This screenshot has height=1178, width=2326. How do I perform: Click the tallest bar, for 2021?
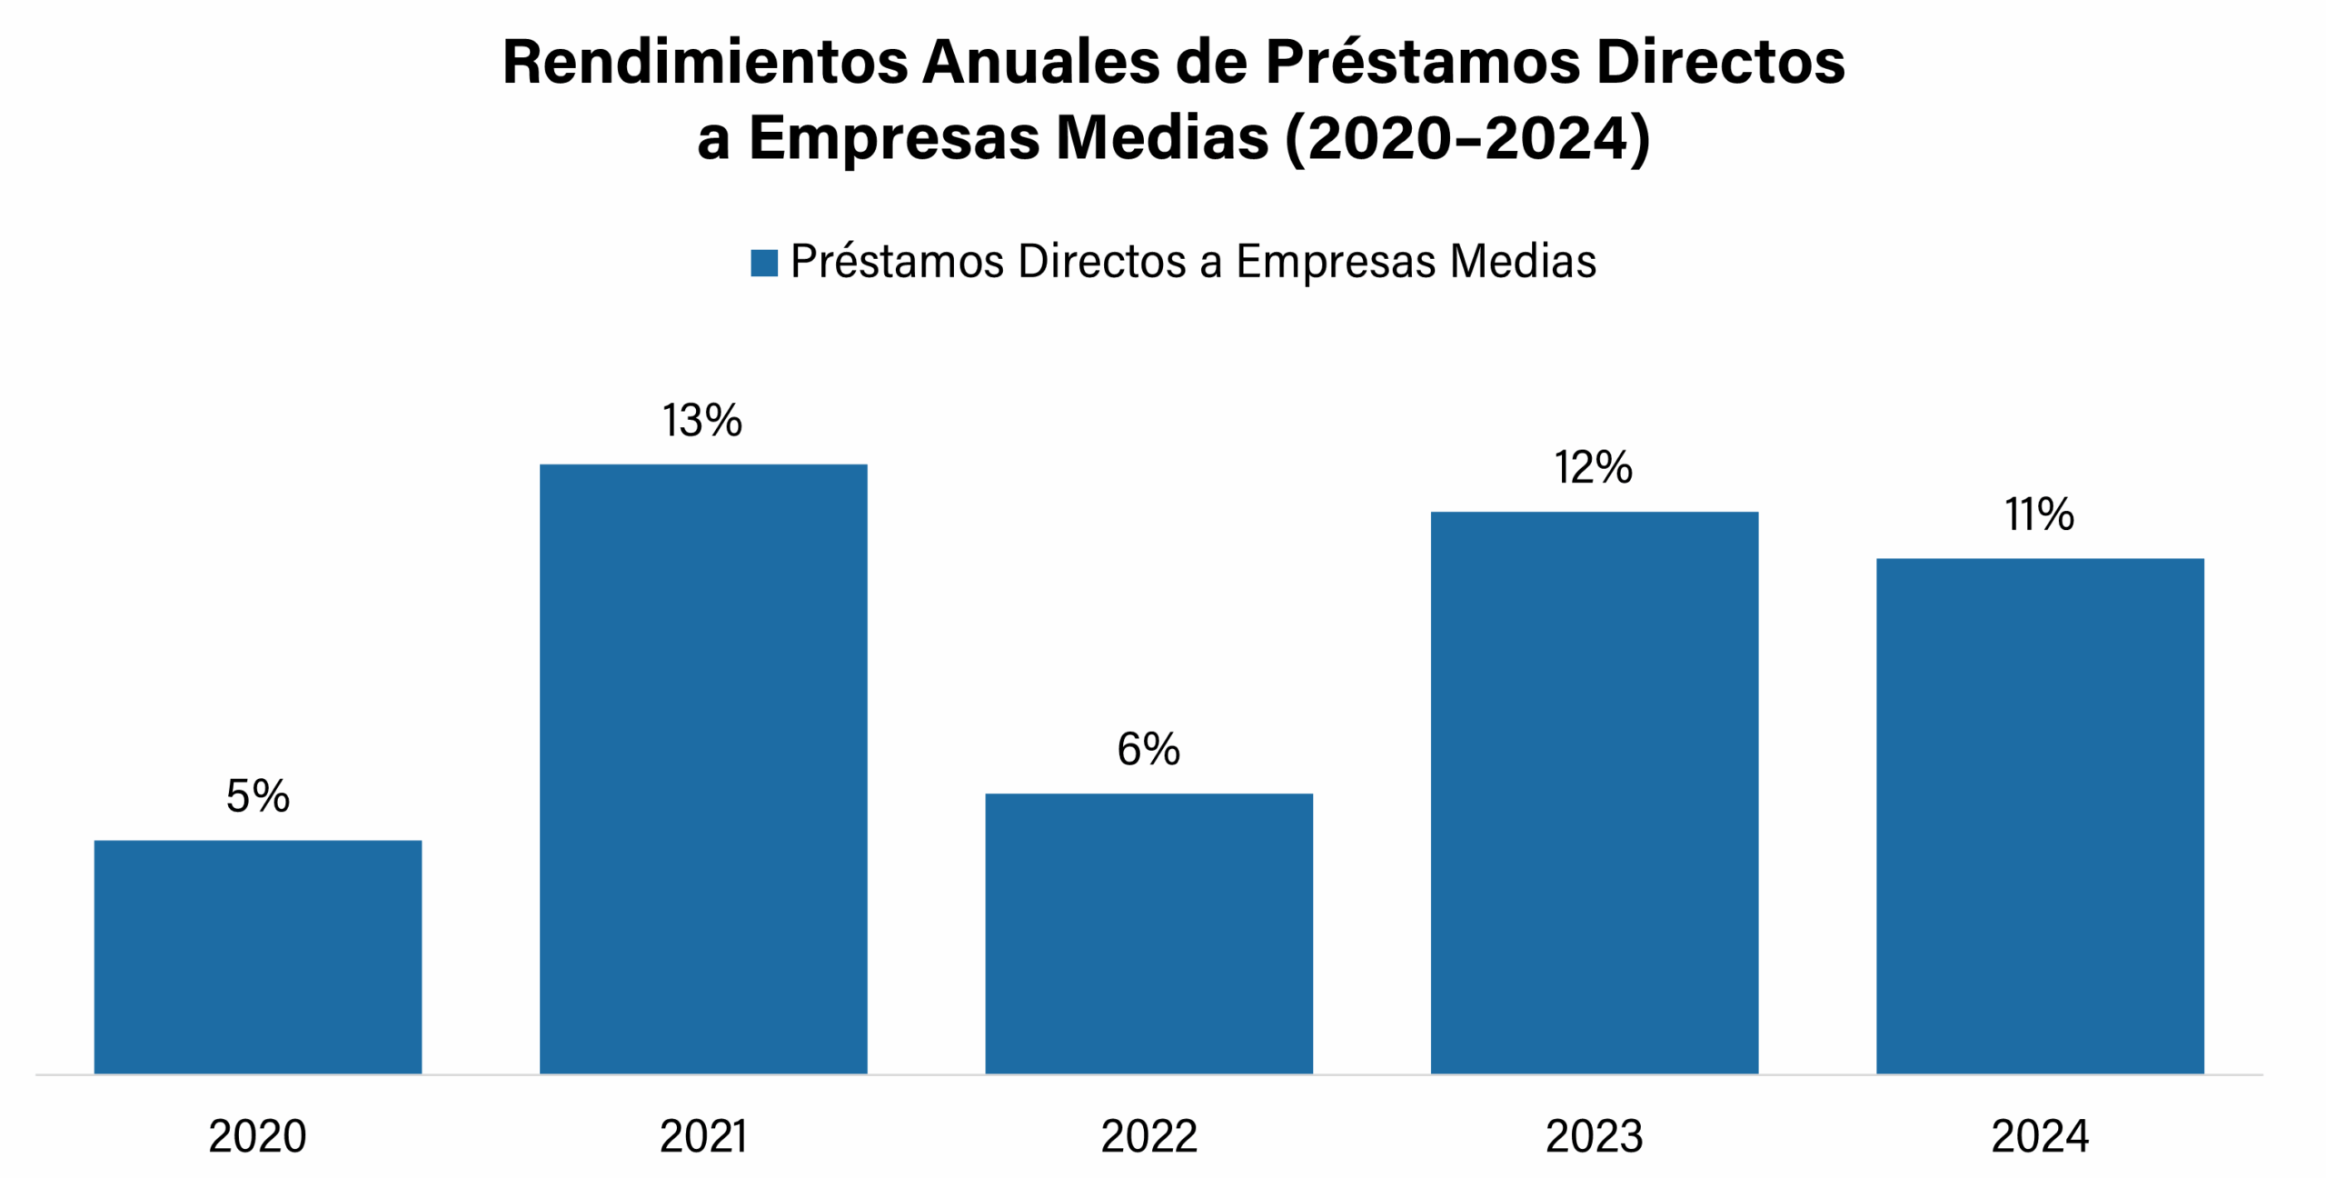703,769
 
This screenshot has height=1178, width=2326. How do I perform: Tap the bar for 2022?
1148,933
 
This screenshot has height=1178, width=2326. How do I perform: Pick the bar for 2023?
1594,793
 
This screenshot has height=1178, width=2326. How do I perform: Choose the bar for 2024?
2040,815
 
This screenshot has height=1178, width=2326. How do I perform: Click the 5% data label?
258,796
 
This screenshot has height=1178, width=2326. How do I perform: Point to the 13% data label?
702,421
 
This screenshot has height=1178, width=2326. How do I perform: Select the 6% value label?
1148,749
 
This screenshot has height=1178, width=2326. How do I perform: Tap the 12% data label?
1593,468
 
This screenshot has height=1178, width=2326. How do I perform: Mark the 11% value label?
2040,514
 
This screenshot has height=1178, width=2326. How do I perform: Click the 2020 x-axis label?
258,1136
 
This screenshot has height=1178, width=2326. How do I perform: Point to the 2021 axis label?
703,1136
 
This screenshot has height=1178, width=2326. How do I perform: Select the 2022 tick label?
1148,1136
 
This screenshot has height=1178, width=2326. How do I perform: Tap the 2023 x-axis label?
1594,1136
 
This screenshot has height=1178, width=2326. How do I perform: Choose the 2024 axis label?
2040,1136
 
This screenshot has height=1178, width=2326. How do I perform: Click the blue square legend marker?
764,263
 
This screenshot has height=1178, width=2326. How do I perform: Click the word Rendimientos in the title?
705,63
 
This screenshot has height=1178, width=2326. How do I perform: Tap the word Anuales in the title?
1041,63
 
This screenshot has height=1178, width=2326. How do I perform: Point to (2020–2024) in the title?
1467,139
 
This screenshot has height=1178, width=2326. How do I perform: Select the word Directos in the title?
1720,63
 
